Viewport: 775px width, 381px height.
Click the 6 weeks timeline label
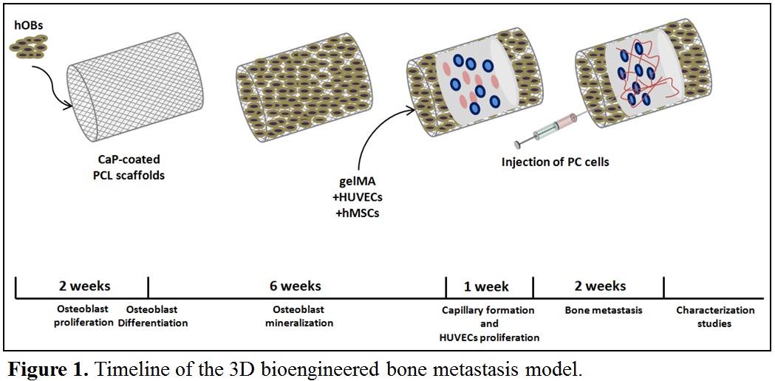pyautogui.click(x=296, y=286)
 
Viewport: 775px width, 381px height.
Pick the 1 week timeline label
pyautogui.click(x=486, y=286)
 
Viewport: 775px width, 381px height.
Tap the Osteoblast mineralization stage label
pyautogui.click(x=296, y=317)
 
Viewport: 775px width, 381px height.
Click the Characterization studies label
pyautogui.click(x=715, y=317)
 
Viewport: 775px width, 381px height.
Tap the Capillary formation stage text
pyautogui.click(x=487, y=310)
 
